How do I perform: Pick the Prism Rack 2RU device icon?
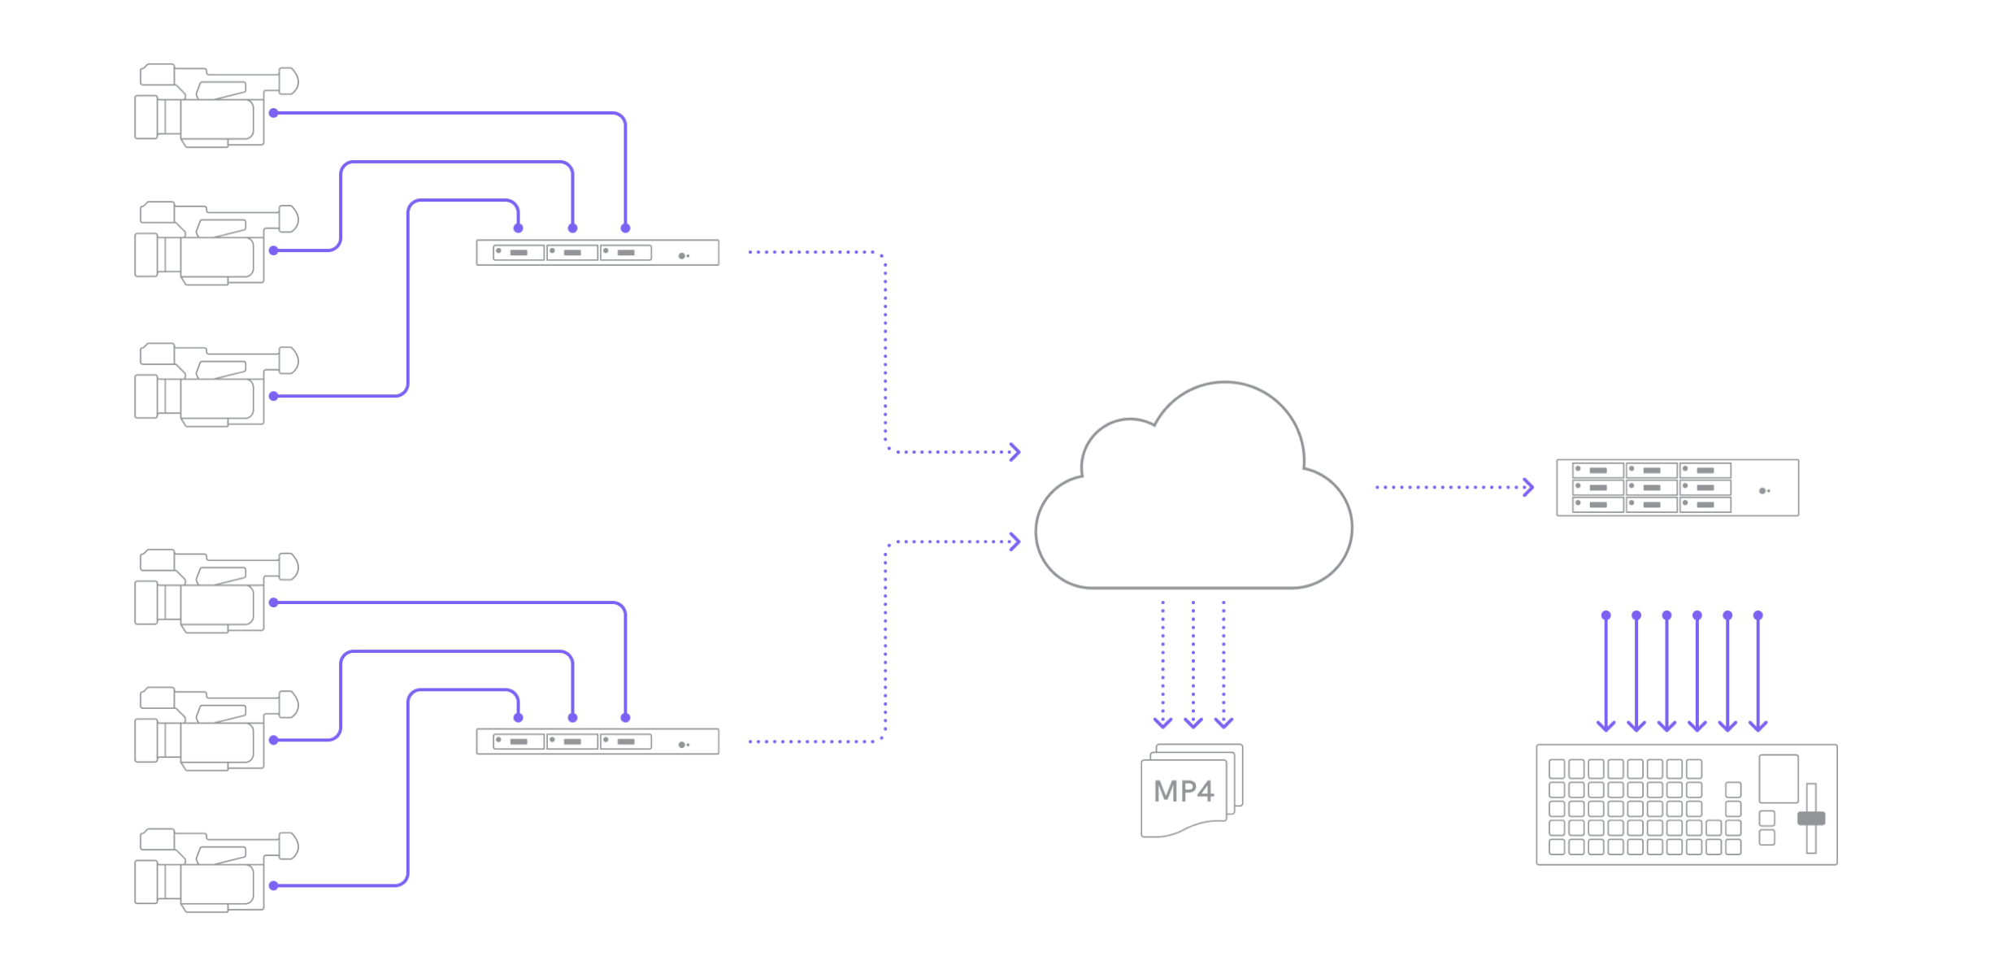pos(1676,488)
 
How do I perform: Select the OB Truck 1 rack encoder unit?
pos(597,253)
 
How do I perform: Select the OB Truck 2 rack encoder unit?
pos(597,741)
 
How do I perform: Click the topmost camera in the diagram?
pos(215,106)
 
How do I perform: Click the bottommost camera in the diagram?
pos(215,870)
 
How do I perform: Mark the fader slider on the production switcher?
pos(1811,818)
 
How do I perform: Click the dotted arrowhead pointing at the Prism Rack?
pos(1529,488)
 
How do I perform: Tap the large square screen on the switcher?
pos(1779,779)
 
